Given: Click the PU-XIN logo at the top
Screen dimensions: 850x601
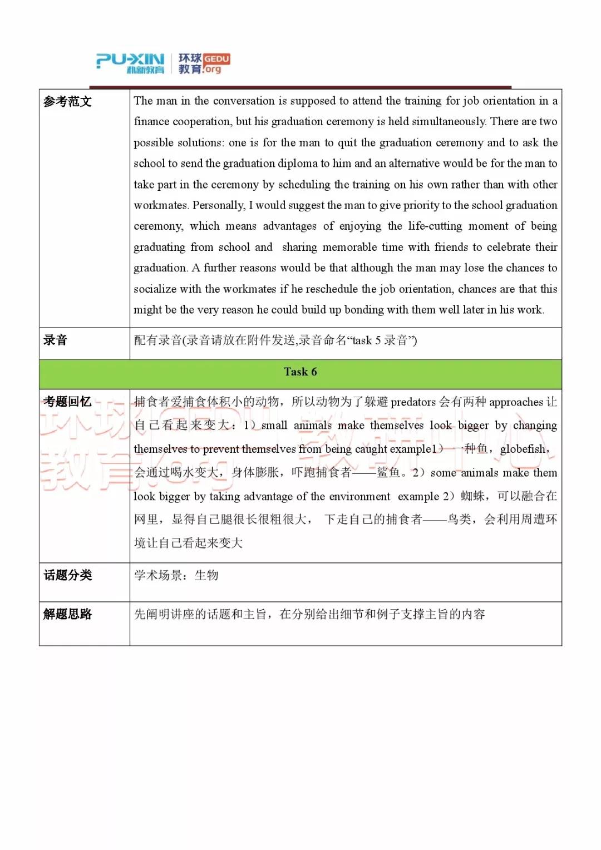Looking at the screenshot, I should pos(130,63).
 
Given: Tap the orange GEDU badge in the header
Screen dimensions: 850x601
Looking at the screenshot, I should pos(216,58).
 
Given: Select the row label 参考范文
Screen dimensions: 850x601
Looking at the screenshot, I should pos(67,101).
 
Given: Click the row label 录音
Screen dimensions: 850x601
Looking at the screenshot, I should pos(55,340).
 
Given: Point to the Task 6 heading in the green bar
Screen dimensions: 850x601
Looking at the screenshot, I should pos(300,372).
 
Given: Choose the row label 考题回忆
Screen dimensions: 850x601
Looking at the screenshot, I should pos(67,402).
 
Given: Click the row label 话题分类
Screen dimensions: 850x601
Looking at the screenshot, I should pos(67,575).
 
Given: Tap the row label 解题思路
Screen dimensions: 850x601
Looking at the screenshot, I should pos(67,614).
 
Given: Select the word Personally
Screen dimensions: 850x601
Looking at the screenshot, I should pos(219,205).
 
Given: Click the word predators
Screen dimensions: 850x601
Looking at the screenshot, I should pos(413,402).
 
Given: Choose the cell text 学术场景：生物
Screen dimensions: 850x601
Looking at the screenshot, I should pos(176,575).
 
